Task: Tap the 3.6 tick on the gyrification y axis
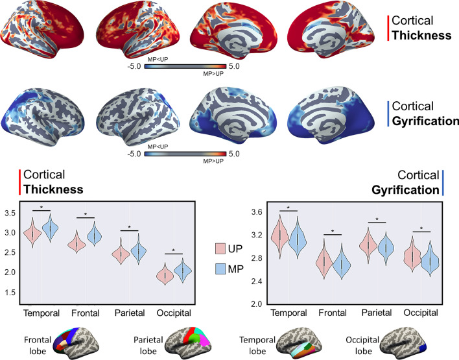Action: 239,213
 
